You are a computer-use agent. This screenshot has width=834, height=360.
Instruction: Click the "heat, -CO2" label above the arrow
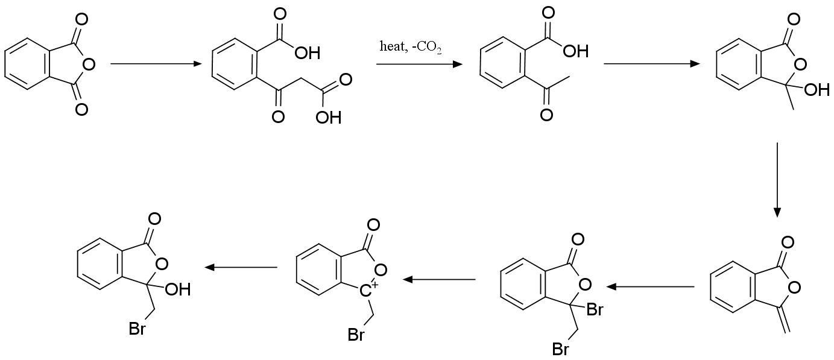(411, 47)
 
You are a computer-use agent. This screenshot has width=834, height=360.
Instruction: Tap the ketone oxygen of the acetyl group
(546, 114)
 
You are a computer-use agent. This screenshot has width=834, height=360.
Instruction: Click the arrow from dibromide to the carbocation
(439, 279)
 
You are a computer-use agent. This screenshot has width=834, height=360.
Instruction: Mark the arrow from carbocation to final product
(241, 267)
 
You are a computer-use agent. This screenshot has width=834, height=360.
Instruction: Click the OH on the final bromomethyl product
(177, 290)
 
